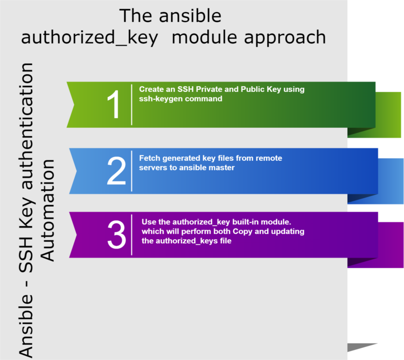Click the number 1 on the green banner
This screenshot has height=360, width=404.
(114, 105)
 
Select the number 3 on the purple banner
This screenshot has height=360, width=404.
(116, 235)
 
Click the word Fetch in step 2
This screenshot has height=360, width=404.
(149, 158)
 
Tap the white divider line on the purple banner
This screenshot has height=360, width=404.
(132, 234)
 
